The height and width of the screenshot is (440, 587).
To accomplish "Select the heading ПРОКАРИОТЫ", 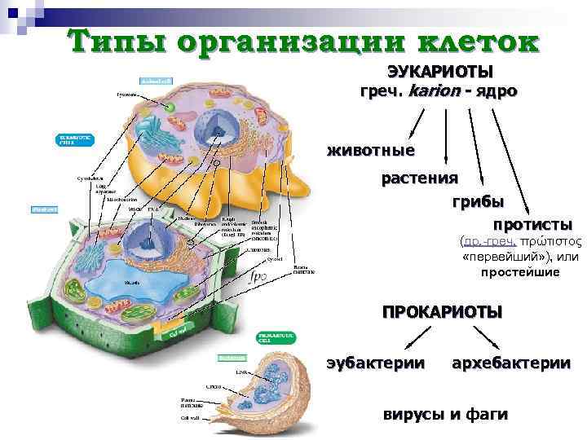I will click(443, 311).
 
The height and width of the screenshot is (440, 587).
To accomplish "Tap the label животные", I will click(371, 151).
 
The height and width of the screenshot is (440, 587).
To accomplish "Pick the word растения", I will click(419, 177).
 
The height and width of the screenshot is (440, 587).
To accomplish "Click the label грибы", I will click(478, 200).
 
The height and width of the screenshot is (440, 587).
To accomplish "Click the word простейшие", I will click(520, 272).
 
